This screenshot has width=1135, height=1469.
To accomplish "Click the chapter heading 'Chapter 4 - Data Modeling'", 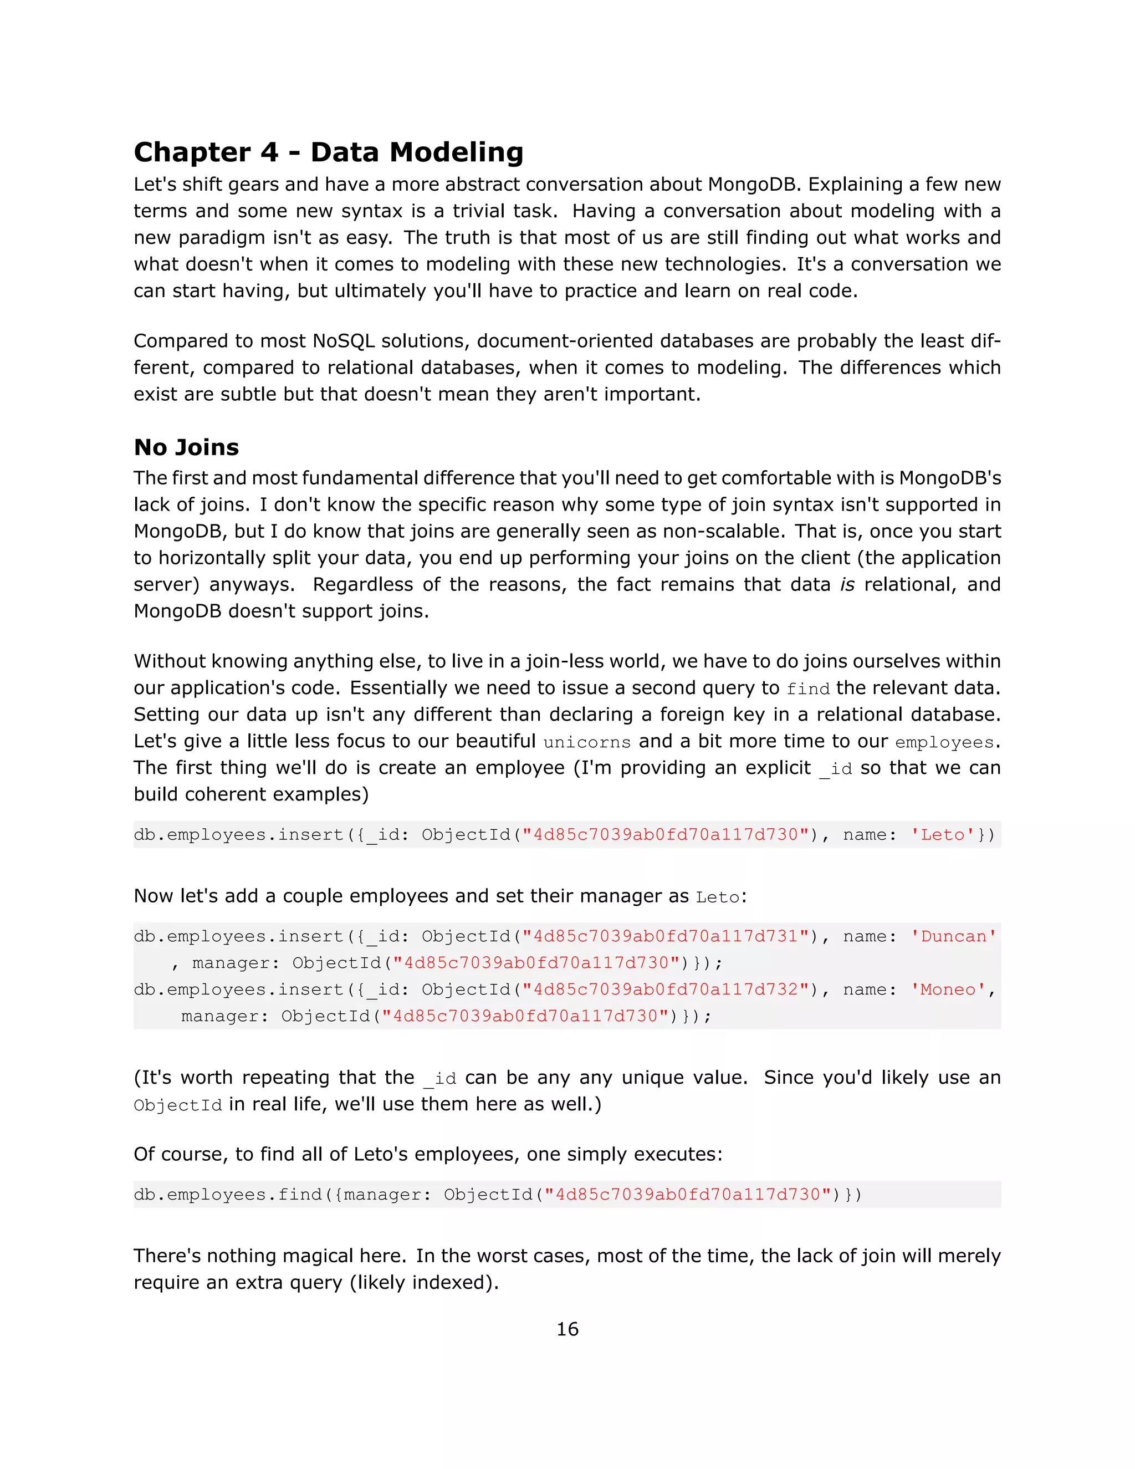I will [328, 152].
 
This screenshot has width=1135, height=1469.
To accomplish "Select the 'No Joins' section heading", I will [186, 447].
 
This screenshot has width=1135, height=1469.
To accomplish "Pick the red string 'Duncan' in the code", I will [953, 936].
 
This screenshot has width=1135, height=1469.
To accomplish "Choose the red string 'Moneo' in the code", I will [947, 989].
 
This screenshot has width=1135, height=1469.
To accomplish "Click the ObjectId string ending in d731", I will [665, 936].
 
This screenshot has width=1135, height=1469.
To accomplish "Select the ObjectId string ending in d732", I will [665, 989].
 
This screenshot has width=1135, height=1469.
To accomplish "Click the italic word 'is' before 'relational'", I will [847, 584].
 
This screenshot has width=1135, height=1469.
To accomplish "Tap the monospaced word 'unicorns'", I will [587, 742].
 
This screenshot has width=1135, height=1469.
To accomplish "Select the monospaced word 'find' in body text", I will [807, 688].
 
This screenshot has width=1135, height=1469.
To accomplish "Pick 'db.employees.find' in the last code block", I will [229, 1195].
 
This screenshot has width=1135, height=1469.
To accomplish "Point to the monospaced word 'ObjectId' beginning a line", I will [177, 1105].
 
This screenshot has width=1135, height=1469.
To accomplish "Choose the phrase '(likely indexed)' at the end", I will [423, 1283].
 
